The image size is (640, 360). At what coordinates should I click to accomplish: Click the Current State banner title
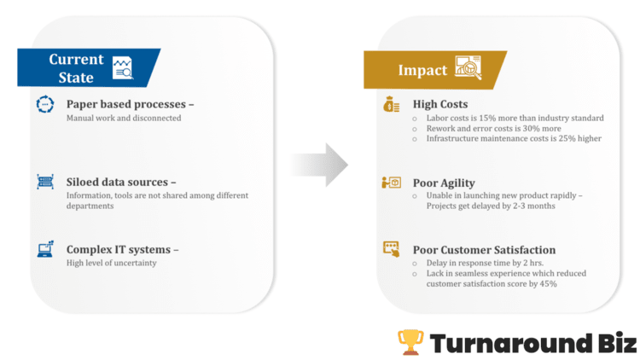pos(76,67)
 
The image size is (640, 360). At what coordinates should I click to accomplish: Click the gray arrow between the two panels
pos(319,164)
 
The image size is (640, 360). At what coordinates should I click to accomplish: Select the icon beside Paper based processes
pos(44,105)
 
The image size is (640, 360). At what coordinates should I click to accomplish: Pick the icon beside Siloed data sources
pos(44,182)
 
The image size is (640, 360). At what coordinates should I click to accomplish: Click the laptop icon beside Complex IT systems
pos(44,250)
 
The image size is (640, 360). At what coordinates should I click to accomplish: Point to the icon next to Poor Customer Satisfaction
pos(391,249)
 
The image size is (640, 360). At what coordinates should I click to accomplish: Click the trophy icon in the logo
pos(410,341)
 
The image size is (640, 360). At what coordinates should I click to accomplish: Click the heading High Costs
pos(440,105)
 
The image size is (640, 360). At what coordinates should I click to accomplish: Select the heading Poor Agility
pos(444,183)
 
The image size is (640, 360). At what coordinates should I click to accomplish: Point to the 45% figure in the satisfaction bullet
pos(546,283)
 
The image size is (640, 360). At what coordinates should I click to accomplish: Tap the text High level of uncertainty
pos(112,263)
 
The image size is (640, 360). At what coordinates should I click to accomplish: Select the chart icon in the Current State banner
pos(124,67)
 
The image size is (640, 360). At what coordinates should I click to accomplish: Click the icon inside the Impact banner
pos(468,67)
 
